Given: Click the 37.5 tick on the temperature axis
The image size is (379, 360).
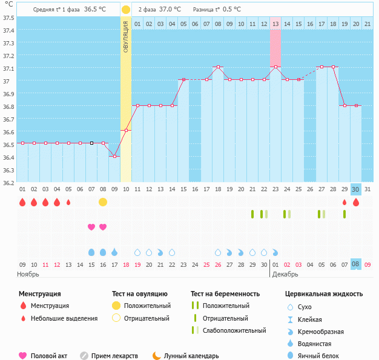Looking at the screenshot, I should coord(8,18).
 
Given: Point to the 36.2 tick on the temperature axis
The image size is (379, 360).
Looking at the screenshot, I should coord(8,182).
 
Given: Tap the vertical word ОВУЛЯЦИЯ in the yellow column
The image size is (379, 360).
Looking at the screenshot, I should coord(126,36).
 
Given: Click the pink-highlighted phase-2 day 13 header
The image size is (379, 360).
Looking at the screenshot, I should coord(275,24).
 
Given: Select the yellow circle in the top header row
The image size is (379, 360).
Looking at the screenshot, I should coord(125,10).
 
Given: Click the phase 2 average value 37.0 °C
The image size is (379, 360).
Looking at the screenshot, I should coord(170,10).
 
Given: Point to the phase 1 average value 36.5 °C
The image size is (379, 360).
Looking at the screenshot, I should coord(94,10).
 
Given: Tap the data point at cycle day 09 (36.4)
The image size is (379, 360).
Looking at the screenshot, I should coord(114,156).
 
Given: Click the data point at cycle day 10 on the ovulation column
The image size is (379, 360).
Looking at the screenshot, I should coord(126,130).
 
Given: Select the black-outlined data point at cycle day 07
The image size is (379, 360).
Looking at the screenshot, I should coord(91,143).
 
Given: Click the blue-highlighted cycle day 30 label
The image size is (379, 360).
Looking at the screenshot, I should coord(356,189).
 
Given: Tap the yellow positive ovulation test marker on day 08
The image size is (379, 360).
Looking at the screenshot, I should coord(103,201).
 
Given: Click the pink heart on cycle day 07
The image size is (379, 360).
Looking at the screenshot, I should coord(91,227).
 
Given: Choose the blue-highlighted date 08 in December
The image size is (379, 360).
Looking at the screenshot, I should coord(356,264).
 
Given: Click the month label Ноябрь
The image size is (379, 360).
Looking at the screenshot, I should coord(28,274).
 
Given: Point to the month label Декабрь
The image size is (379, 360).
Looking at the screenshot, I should coord(285,274).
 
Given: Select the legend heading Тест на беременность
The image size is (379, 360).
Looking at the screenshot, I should coord(229,294).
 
